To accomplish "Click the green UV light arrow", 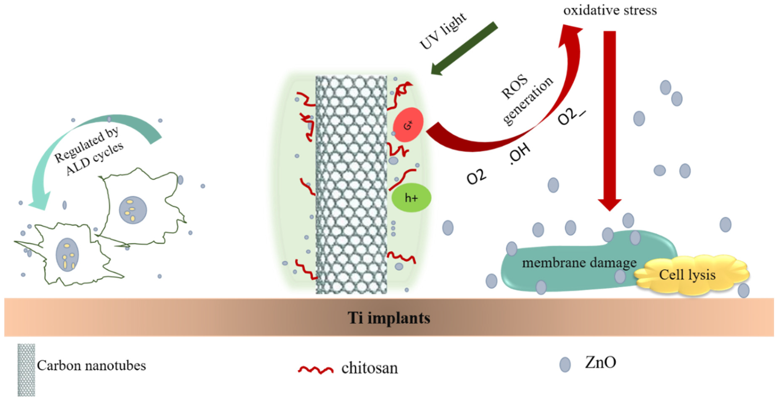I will [464, 48].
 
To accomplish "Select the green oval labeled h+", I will [411, 198].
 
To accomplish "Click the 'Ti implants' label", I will [389, 318].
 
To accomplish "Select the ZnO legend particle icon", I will [565, 364].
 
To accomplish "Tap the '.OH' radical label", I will [520, 154].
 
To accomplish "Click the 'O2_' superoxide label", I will [571, 116].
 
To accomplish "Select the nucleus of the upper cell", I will [133, 210].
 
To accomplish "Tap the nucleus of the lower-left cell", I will [67, 255].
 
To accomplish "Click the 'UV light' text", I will [443, 31].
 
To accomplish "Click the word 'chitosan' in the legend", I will [370, 368].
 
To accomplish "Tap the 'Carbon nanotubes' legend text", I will [91, 366].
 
